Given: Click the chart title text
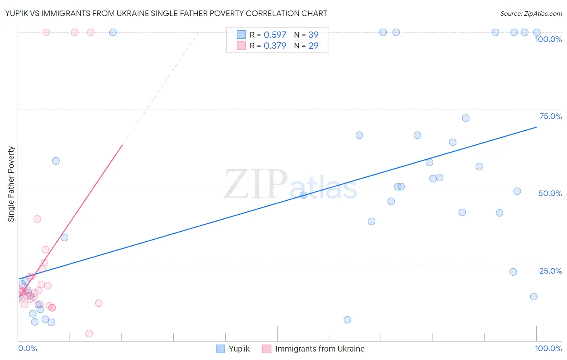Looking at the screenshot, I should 166,13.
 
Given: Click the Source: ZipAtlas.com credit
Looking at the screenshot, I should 531,13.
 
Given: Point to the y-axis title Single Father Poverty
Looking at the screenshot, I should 11,184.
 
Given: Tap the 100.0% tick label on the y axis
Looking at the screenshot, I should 548,39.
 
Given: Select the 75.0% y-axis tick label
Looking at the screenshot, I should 550,116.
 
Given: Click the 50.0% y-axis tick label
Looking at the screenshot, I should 550,193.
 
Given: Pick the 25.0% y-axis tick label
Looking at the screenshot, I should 550,271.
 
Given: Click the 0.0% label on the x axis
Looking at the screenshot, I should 27,348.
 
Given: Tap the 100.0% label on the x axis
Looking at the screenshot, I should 548,348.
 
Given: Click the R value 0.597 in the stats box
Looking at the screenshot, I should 275,35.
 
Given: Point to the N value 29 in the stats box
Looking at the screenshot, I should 313,46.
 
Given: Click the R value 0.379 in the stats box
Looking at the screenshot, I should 275,46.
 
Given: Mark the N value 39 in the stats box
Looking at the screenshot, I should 313,35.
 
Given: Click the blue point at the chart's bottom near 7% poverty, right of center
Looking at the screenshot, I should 347,320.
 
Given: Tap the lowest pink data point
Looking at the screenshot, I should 89,333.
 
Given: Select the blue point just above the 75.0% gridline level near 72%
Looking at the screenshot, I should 466,118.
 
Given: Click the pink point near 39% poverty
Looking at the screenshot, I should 37,219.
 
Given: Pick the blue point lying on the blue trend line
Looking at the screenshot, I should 304,195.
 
